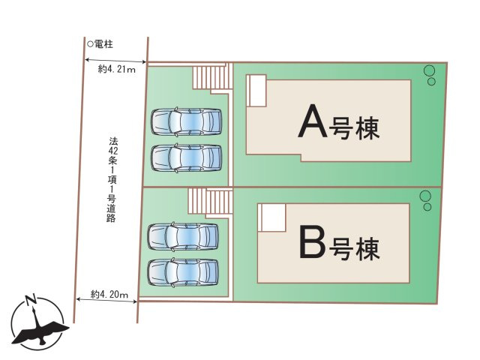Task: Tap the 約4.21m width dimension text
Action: point(116,70)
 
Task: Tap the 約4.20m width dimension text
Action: point(109,293)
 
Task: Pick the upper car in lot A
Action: point(187,121)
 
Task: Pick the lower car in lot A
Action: point(187,157)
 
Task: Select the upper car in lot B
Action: point(184,236)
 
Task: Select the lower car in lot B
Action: point(184,272)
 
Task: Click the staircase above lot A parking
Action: point(211,77)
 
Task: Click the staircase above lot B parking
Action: point(206,200)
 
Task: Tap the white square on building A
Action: point(257,91)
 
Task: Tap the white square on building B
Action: point(271,218)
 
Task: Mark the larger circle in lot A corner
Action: point(429,71)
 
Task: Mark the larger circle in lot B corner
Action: point(425,196)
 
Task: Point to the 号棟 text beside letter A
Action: point(355,126)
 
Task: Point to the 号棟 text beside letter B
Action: point(355,245)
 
